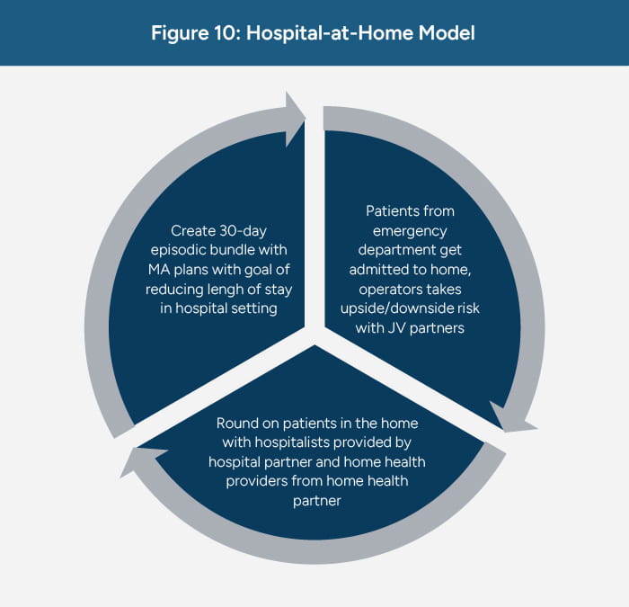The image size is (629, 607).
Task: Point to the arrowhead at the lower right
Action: coord(504,419)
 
